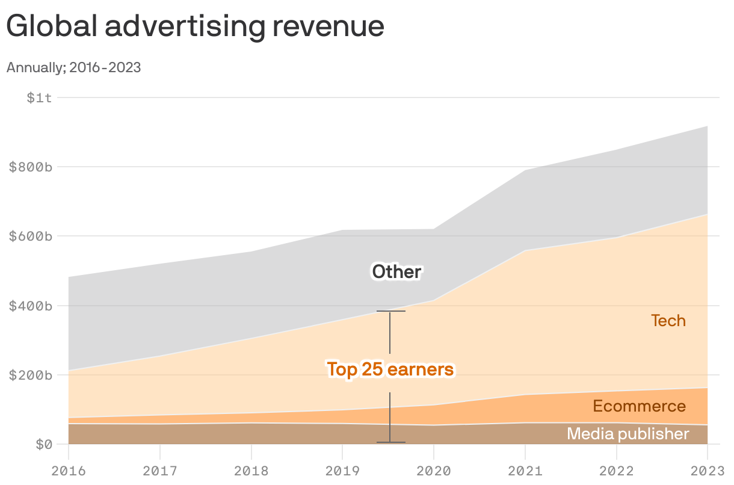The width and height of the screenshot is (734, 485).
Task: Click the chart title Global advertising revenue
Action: click(195, 27)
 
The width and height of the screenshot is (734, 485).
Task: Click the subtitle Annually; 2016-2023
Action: click(73, 67)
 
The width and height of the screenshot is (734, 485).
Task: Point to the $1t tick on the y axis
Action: click(39, 97)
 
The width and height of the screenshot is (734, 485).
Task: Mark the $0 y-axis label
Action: click(44, 445)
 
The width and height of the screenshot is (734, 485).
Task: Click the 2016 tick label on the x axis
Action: click(69, 470)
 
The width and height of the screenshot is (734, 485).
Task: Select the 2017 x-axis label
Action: click(160, 470)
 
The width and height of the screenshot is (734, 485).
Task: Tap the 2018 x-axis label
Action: click(251, 470)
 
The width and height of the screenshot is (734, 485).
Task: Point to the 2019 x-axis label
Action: click(342, 470)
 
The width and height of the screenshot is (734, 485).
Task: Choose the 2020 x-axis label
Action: click(434, 470)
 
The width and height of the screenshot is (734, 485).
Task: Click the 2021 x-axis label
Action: click(525, 470)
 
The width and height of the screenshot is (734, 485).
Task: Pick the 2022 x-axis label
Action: click(616, 470)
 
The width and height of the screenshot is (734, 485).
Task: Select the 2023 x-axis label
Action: click(708, 470)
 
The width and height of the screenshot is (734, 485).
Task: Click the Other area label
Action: click(396, 272)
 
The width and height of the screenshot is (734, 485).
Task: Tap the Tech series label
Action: click(668, 321)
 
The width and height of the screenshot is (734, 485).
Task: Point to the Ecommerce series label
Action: click(639, 406)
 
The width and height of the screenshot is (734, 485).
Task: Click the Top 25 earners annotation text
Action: click(390, 369)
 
